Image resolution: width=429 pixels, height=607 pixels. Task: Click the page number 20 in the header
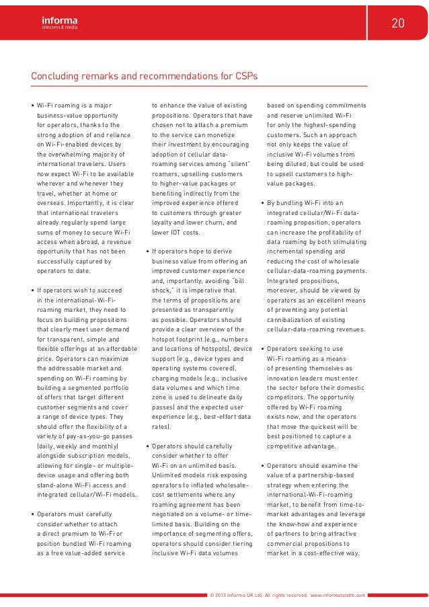pyautogui.click(x=398, y=24)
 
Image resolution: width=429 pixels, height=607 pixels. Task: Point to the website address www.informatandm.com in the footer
pyautogui.click(x=338, y=596)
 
